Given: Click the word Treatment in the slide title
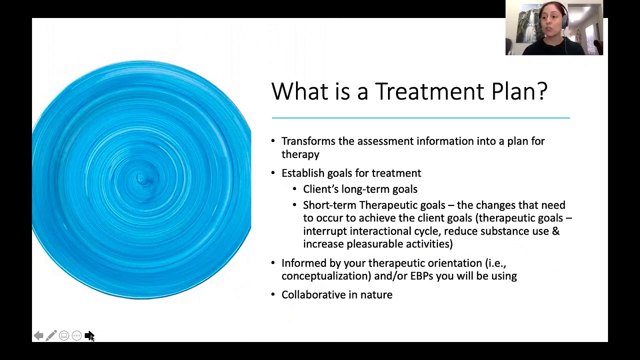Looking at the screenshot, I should [429, 91].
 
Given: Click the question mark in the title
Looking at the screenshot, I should [541, 91].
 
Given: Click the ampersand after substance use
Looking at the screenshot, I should [555, 231].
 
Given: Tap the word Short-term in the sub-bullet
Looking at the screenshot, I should [329, 205].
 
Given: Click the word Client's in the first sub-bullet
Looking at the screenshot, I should [320, 189].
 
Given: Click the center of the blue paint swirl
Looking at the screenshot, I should [141, 179].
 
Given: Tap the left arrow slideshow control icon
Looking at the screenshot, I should [38, 335].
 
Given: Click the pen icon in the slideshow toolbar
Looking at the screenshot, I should [51, 335].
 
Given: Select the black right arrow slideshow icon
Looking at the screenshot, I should [89, 335].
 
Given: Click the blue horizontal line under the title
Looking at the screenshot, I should [420, 118].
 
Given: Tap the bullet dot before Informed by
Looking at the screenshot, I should [273, 263].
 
